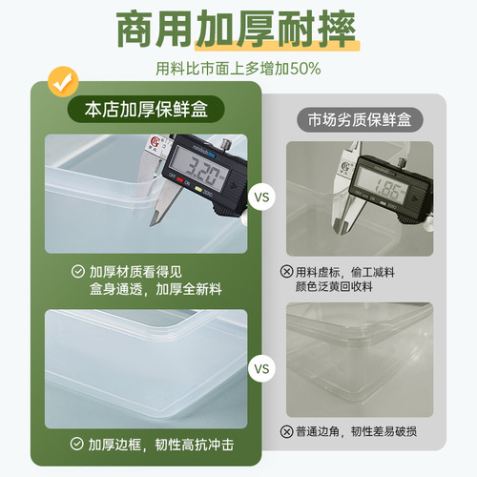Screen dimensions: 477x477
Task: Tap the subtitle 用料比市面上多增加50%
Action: [x=238, y=69]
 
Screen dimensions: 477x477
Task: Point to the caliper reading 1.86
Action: [x=385, y=188]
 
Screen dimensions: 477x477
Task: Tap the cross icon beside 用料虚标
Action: [x=287, y=272]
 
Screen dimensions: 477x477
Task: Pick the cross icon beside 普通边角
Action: [x=287, y=431]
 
